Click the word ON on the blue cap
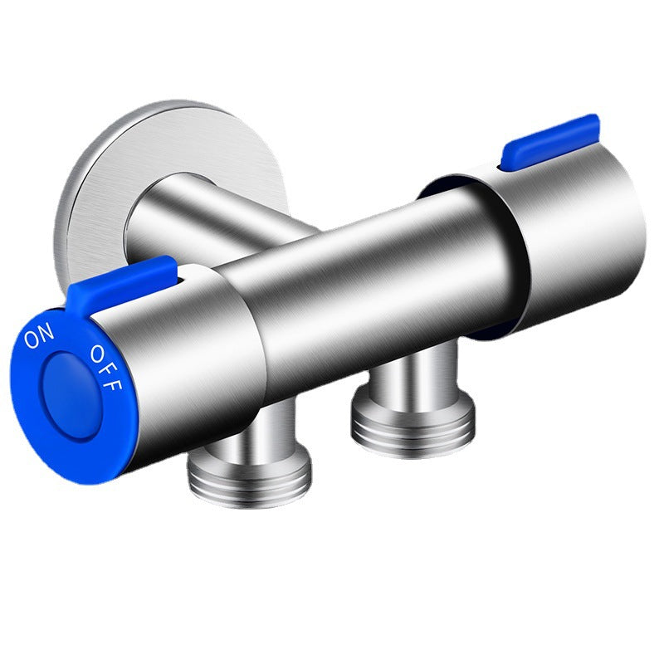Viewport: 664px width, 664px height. click(x=39, y=335)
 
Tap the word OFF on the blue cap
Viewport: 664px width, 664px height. click(x=106, y=368)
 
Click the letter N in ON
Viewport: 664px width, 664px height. click(x=46, y=330)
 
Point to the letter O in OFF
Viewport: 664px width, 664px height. click(x=97, y=354)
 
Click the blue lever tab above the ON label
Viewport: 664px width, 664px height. click(x=121, y=284)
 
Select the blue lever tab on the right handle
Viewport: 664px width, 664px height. click(x=549, y=142)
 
